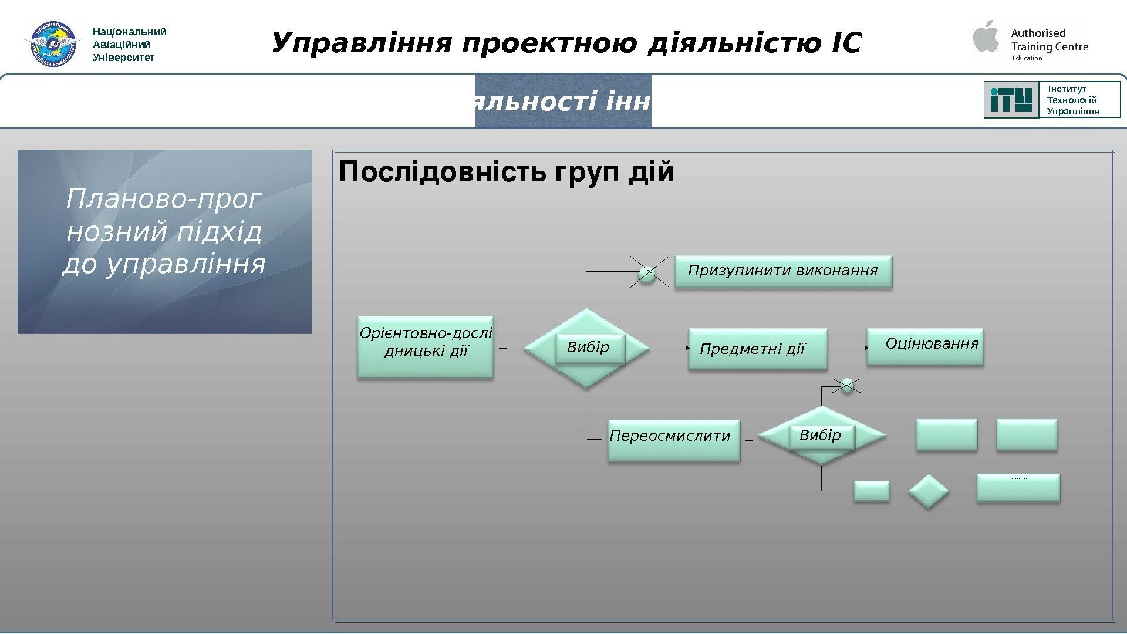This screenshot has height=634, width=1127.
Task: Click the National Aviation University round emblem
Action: (53, 44)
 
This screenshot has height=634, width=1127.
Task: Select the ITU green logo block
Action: (1011, 100)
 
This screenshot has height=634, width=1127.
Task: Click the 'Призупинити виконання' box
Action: (783, 271)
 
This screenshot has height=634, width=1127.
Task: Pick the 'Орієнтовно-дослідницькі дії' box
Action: (426, 348)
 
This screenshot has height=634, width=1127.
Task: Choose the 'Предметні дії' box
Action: (757, 349)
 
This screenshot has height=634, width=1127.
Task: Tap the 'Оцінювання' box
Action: (925, 346)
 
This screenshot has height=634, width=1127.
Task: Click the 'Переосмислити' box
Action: (674, 440)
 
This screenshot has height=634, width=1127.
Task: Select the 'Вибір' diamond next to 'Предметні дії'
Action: (587, 348)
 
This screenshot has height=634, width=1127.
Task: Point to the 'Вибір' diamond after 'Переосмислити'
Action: (822, 436)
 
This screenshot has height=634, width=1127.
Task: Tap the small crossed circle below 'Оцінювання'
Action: (847, 386)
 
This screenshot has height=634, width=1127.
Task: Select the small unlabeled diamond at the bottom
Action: (929, 491)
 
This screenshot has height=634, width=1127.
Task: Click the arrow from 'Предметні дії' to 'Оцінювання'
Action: (848, 348)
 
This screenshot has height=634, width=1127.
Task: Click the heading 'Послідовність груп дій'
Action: (507, 173)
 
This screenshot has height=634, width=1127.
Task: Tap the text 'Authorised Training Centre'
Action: (1050, 40)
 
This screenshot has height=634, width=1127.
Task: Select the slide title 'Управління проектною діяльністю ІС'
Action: (566, 43)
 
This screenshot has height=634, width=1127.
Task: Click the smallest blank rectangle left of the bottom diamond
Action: (872, 491)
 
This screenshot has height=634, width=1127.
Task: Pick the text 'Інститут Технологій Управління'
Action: (1072, 100)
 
